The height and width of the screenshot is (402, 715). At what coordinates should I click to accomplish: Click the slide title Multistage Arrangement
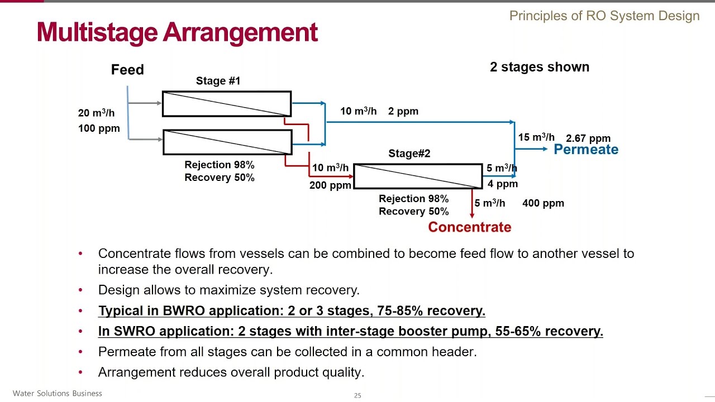click(x=177, y=32)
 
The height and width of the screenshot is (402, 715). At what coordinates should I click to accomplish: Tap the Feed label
click(x=127, y=70)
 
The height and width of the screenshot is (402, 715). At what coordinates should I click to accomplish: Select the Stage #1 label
click(x=218, y=81)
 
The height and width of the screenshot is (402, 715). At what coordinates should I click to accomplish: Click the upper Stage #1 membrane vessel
click(x=227, y=104)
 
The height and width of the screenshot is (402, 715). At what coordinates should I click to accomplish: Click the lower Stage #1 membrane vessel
click(x=227, y=142)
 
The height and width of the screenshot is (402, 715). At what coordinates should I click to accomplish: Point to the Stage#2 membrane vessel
click(x=418, y=176)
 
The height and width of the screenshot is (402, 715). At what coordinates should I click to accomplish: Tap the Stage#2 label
click(x=409, y=154)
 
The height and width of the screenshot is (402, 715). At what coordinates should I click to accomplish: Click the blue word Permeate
click(x=585, y=150)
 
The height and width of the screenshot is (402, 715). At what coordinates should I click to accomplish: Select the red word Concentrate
click(x=469, y=227)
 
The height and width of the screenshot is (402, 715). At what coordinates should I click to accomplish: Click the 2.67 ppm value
click(x=588, y=138)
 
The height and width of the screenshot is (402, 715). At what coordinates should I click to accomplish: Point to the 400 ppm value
click(x=543, y=203)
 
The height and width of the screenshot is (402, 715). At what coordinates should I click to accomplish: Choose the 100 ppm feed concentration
click(x=99, y=128)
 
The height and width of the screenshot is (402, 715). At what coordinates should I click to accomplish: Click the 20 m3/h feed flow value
click(x=96, y=113)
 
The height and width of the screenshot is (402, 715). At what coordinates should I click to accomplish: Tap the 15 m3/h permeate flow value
click(x=536, y=137)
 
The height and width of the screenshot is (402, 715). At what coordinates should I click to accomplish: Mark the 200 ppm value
click(x=330, y=185)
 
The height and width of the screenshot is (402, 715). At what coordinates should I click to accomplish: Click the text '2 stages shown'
click(x=539, y=67)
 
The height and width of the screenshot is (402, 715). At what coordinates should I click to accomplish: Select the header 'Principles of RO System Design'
click(x=604, y=16)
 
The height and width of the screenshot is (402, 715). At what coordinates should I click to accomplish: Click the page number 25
click(x=357, y=395)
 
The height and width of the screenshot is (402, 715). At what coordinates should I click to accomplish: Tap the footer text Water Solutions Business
click(x=57, y=394)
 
